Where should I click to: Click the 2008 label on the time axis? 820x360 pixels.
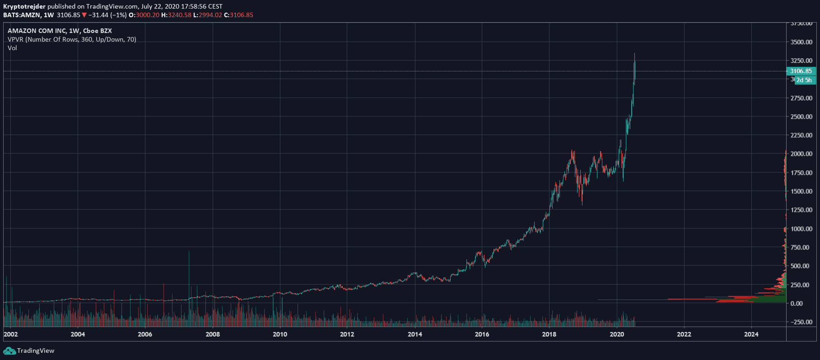pos(213,334)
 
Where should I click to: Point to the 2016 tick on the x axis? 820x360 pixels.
pos(482,334)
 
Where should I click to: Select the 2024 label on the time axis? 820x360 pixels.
pos(751,334)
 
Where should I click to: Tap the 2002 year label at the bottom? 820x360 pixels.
pos(11,334)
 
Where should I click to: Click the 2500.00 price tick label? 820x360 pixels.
pos(801,117)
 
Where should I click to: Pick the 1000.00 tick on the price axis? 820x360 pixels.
pos(801,229)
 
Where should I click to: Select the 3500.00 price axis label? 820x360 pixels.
pos(801,42)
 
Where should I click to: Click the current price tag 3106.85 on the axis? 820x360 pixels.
pos(801,71)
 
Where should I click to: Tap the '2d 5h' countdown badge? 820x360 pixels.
pos(804,80)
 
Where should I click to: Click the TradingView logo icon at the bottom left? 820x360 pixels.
pos(9,351)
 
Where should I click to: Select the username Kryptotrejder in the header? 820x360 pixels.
pos(24,6)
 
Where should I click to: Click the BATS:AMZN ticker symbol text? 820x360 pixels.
pos(21,15)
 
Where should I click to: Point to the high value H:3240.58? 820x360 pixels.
pos(176,15)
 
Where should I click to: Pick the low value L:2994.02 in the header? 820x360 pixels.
pos(207,15)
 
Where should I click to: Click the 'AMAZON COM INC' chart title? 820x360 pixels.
pos(37,31)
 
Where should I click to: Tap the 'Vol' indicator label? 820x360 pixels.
pos(12,48)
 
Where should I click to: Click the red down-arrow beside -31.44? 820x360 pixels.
pos(84,15)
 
